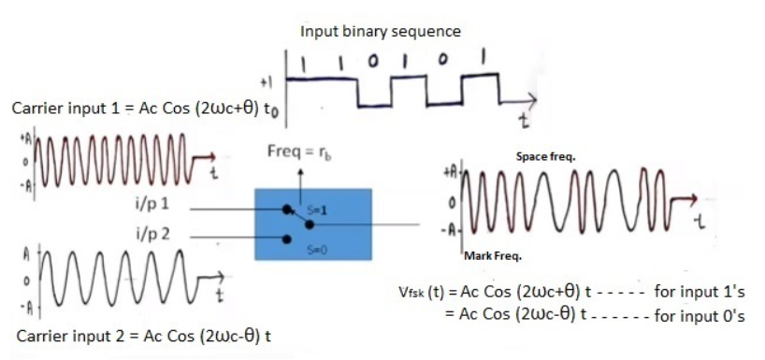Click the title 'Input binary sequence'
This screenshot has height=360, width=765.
tap(380, 31)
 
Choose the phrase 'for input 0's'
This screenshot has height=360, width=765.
tap(700, 316)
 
